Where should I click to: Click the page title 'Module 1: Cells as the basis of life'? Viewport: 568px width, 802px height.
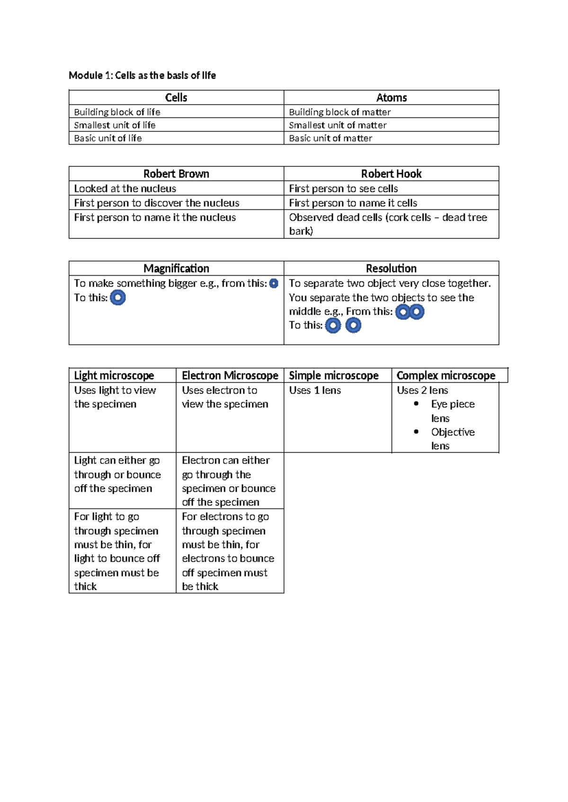tap(142, 75)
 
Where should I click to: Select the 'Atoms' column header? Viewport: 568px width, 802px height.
tap(391, 97)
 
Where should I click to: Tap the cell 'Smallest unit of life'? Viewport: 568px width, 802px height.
tap(115, 125)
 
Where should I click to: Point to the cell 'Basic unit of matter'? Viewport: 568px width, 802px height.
tap(330, 138)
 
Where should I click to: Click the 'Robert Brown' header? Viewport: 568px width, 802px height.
tap(176, 174)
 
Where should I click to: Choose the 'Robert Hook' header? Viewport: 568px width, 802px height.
tap(391, 174)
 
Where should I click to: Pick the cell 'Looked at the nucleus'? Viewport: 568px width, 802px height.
tap(125, 188)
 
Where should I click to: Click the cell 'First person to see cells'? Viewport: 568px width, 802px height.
tap(343, 188)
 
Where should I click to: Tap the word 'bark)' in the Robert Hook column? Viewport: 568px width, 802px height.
tap(301, 231)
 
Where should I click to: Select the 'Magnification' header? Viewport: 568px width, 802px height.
tap(176, 268)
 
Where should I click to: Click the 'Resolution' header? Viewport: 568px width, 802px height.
tap(391, 268)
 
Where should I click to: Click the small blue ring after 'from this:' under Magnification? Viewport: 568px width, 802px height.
tap(274, 283)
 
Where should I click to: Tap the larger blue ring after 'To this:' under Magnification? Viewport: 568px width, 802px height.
tap(118, 297)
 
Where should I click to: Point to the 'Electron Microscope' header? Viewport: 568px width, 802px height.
tap(230, 375)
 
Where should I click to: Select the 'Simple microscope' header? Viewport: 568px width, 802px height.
tap(334, 375)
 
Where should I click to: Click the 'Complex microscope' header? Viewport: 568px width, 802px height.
tap(446, 375)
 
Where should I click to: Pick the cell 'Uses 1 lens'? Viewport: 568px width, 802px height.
tap(315, 390)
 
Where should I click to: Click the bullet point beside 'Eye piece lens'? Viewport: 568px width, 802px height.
tap(416, 403)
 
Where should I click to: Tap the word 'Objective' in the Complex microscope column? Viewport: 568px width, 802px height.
tap(453, 432)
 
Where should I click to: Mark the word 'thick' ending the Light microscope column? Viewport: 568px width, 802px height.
tap(85, 586)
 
